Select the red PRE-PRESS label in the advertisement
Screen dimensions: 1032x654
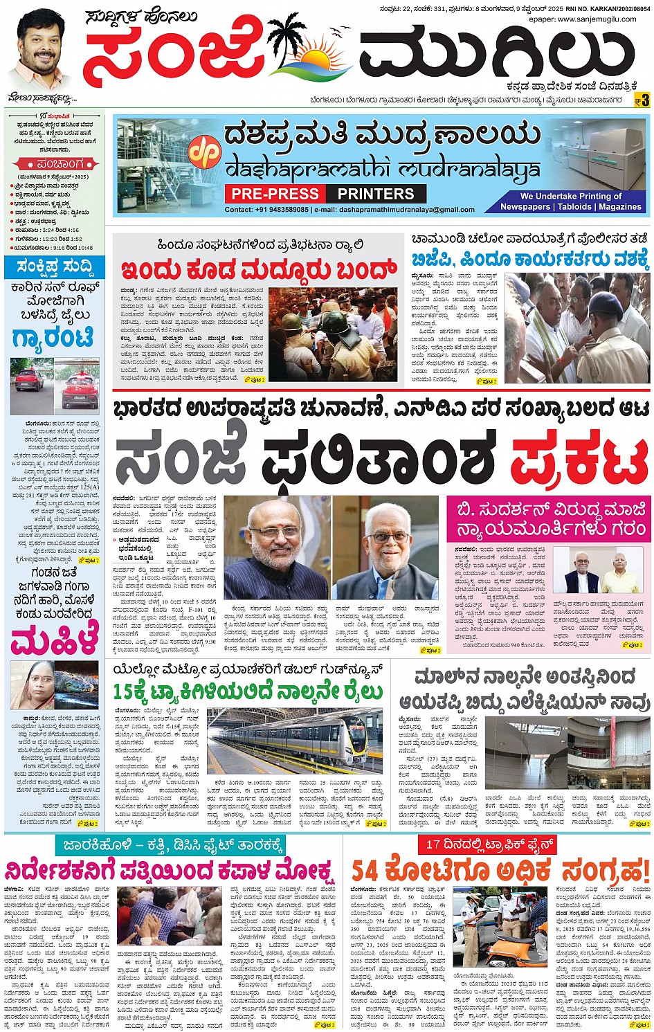275,194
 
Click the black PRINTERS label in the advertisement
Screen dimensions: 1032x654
376,194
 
